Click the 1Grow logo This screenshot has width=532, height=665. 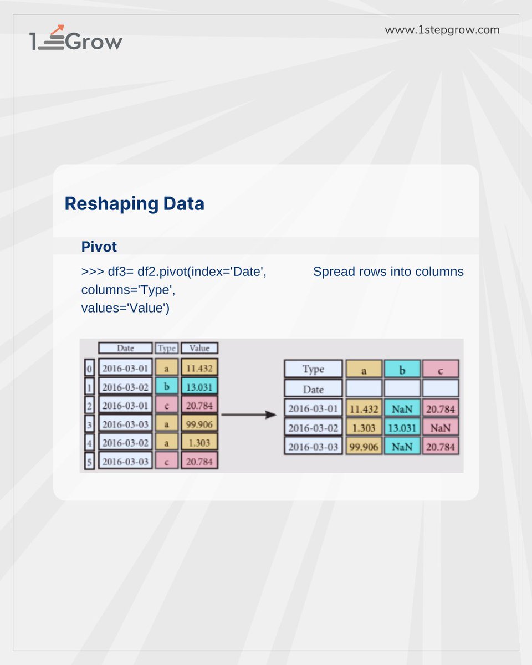click(x=76, y=39)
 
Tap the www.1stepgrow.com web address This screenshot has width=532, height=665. click(x=442, y=30)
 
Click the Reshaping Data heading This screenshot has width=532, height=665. click(x=135, y=204)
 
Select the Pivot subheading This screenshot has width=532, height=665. click(x=99, y=246)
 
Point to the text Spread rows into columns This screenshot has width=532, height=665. click(x=388, y=272)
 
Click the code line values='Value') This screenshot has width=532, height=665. click(x=125, y=308)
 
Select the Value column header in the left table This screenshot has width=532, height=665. click(x=199, y=348)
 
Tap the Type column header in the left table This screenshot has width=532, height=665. click(x=166, y=348)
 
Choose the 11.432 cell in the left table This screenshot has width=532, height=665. click(x=199, y=367)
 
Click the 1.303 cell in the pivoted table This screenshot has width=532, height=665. click(x=364, y=427)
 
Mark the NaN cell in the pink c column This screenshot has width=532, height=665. click(x=441, y=427)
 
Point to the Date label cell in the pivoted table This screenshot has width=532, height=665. click(x=313, y=388)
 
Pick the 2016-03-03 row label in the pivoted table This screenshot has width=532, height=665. click(x=313, y=446)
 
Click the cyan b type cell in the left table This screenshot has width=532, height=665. click(x=166, y=386)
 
